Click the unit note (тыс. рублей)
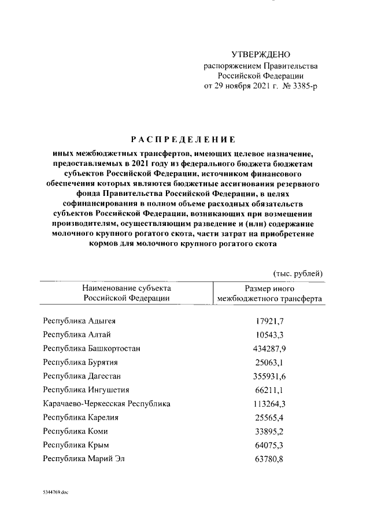coord(298,273)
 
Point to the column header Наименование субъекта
coord(127,288)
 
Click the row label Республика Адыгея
coord(83,321)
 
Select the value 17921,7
coord(270,321)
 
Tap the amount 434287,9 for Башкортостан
coord(268,348)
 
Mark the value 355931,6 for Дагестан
coord(268,376)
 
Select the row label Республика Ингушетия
coord(86,390)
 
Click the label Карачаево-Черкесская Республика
coord(106,404)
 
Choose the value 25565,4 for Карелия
coord(270,418)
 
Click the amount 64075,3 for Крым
coord(270,446)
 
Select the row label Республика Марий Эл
coord(84,459)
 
